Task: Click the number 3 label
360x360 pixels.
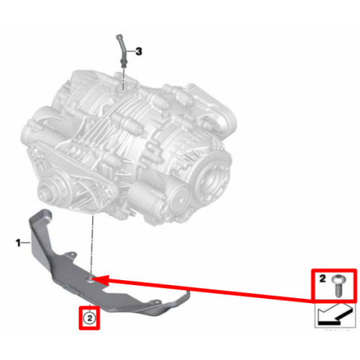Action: click(x=139, y=51)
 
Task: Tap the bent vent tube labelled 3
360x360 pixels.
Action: click(x=121, y=49)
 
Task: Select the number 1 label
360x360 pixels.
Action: click(x=18, y=243)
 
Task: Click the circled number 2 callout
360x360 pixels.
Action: click(x=89, y=318)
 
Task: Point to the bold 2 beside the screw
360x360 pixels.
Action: click(x=323, y=279)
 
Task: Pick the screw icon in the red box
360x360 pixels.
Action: click(x=338, y=286)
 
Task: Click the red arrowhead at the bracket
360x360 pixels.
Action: click(x=100, y=280)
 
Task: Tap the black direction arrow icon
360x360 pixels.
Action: click(x=335, y=315)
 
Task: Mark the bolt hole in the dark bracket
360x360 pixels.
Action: click(x=91, y=279)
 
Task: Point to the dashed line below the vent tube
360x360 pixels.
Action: click(x=123, y=78)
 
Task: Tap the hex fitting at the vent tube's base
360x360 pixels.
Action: click(x=123, y=63)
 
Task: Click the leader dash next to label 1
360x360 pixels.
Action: click(x=26, y=243)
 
